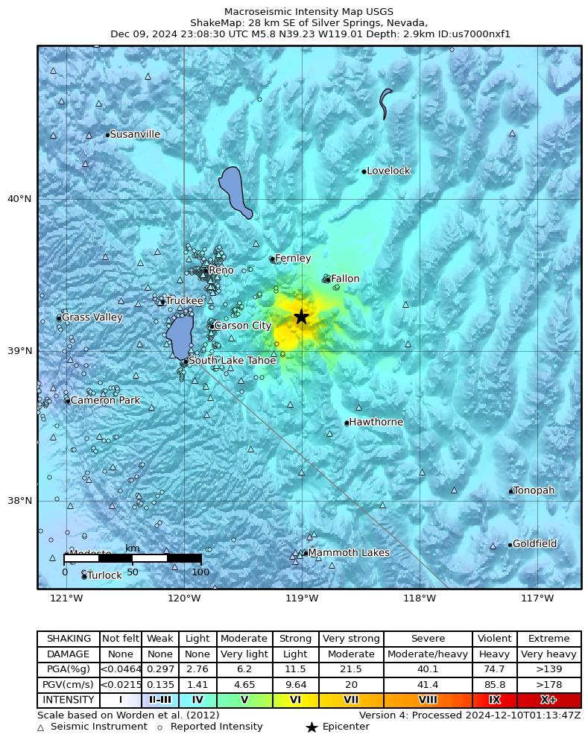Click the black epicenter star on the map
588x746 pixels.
(x=301, y=317)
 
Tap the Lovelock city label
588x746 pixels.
(x=388, y=171)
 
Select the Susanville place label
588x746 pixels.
(x=134, y=134)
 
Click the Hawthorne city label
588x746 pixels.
(x=376, y=422)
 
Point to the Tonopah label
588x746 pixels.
(x=534, y=490)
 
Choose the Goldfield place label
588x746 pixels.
(x=534, y=543)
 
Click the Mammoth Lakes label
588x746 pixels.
(x=348, y=553)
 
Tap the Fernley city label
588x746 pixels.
(x=293, y=259)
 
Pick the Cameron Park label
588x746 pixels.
(x=105, y=400)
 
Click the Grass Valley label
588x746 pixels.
(x=92, y=317)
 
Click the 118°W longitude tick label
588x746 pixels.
(x=420, y=598)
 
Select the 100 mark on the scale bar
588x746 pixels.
(x=200, y=572)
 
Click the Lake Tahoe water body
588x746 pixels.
(x=179, y=336)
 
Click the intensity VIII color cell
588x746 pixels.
(x=428, y=700)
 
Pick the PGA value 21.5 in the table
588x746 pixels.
(x=351, y=669)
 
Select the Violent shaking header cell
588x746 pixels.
(x=494, y=639)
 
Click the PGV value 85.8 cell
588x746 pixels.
(x=494, y=684)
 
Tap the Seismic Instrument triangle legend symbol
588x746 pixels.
(x=41, y=727)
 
